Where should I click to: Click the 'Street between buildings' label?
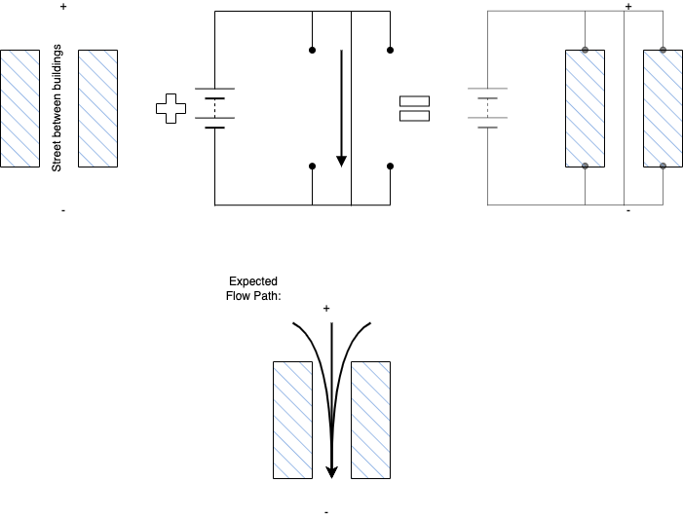point(57,108)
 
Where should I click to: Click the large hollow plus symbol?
point(171,108)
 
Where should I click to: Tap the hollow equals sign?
point(415,108)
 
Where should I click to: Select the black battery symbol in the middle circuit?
point(214,108)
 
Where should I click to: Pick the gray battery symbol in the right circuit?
point(487,108)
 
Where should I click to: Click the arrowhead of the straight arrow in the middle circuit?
point(341,161)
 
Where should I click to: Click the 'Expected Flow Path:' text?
point(253,288)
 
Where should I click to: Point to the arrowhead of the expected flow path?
point(332,472)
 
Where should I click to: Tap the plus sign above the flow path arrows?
point(326,309)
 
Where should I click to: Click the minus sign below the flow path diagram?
point(326,512)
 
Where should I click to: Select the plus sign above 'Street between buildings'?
point(63,7)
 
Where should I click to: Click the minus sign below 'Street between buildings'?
point(63,210)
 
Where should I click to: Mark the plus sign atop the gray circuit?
point(628,7)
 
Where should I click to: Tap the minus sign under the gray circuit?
point(628,210)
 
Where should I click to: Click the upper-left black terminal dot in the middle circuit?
point(313,50)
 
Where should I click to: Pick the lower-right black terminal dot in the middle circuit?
point(391,166)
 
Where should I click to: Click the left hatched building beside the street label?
point(20,108)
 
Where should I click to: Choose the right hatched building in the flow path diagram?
point(370,420)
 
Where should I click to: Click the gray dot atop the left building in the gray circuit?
point(585,50)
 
